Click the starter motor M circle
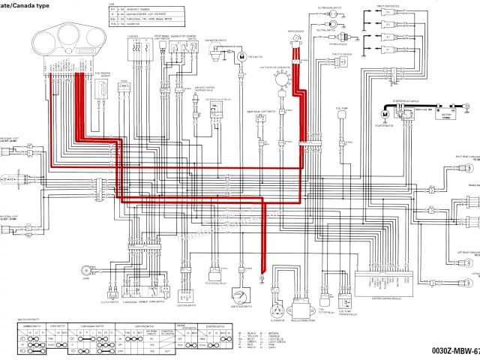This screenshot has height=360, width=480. [385, 115]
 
